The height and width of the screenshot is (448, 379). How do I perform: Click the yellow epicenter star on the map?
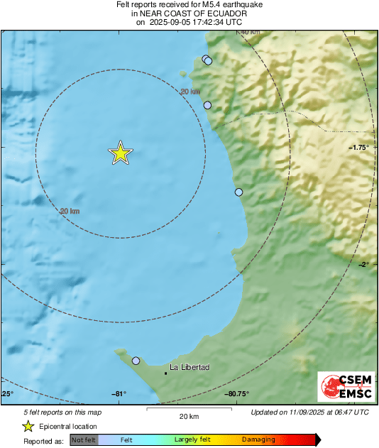click(121, 153)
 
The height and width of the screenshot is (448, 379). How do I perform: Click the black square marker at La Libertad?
click(165, 372)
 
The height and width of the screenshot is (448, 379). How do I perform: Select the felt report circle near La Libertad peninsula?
click(136, 361)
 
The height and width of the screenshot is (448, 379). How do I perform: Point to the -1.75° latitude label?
click(358, 147)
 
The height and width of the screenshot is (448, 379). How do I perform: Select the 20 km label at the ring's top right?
click(189, 92)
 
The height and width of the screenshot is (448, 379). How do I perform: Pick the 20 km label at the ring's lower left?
click(70, 212)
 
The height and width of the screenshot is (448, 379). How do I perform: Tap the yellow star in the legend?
click(28, 426)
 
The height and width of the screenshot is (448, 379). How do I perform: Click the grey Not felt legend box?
click(84, 439)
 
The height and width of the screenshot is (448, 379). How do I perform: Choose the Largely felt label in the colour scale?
click(191, 439)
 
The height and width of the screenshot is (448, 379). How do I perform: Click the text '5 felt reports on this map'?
click(62, 412)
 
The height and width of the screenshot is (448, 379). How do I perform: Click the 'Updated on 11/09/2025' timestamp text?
click(310, 412)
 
